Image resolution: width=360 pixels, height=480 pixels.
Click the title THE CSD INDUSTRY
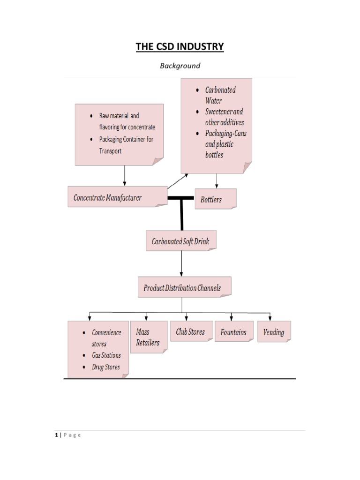pyautogui.click(x=180, y=46)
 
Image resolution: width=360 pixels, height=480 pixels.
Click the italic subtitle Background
pyautogui.click(x=180, y=66)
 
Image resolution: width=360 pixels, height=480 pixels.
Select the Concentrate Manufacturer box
pyautogui.click(x=117, y=197)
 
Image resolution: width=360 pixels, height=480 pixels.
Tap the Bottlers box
pyautogui.click(x=215, y=199)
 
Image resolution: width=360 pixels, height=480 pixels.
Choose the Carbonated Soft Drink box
pyautogui.click(x=181, y=242)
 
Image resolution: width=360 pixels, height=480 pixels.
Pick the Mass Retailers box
pyautogui.click(x=148, y=337)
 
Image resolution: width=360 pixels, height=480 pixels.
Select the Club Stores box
pyautogui.click(x=190, y=331)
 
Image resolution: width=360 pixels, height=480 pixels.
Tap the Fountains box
pyautogui.click(x=233, y=332)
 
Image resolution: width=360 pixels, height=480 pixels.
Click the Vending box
pyautogui.click(x=274, y=332)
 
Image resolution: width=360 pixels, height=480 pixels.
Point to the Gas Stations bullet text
pyautogui.click(x=106, y=355)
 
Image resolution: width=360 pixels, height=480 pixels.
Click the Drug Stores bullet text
pyautogui.click(x=106, y=367)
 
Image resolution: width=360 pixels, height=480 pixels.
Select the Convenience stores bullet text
pyautogui.click(x=106, y=338)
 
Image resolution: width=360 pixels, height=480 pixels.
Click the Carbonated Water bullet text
pyautogui.click(x=220, y=95)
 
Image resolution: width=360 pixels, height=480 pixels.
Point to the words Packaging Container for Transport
pyautogui.click(x=126, y=145)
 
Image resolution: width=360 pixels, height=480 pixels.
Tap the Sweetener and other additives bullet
pyautogui.click(x=224, y=117)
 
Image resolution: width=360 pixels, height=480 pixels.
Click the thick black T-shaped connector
pyautogui.click(x=181, y=211)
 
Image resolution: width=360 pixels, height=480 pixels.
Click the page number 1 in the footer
pyautogui.click(x=55, y=435)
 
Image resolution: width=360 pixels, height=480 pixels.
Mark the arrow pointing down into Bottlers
pyautogui.click(x=216, y=181)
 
